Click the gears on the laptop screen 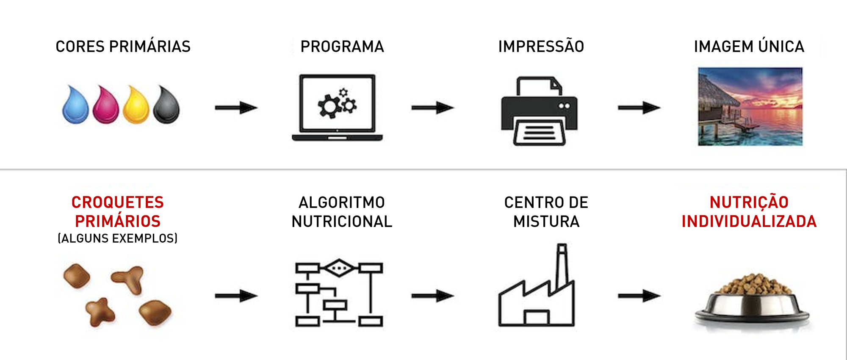337,103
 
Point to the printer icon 539,112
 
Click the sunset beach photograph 750,107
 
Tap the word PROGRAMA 342,47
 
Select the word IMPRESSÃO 541,47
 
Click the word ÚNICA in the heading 781,47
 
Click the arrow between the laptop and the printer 432,108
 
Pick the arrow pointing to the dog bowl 639,296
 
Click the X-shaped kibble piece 100,312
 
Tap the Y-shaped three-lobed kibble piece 129,278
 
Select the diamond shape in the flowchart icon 339,268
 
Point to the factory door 537,318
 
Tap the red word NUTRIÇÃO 749,202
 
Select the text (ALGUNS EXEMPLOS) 117,238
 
